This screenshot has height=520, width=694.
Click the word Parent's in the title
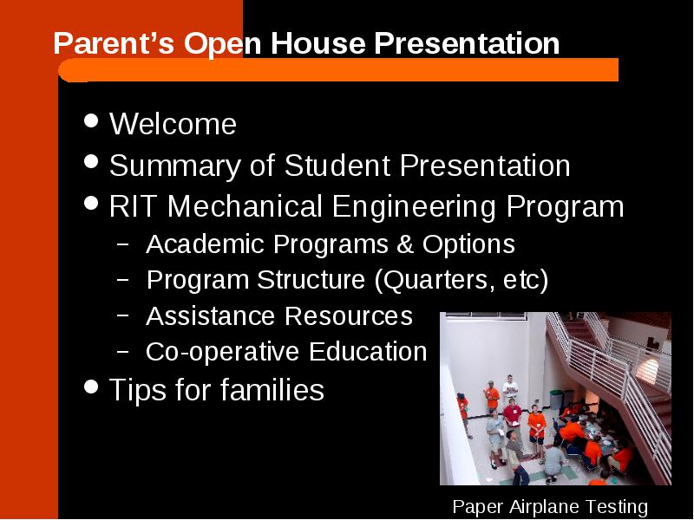(x=114, y=43)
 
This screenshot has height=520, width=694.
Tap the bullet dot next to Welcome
(x=91, y=120)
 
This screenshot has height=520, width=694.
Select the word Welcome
(x=173, y=124)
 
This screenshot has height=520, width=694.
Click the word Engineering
(x=414, y=207)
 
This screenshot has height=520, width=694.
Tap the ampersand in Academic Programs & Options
(x=405, y=244)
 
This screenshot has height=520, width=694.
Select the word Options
(x=468, y=244)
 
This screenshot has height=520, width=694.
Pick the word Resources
(x=349, y=316)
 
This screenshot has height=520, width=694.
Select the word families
(x=272, y=389)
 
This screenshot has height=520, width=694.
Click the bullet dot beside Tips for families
(x=91, y=387)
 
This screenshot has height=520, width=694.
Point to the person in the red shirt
(x=513, y=418)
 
